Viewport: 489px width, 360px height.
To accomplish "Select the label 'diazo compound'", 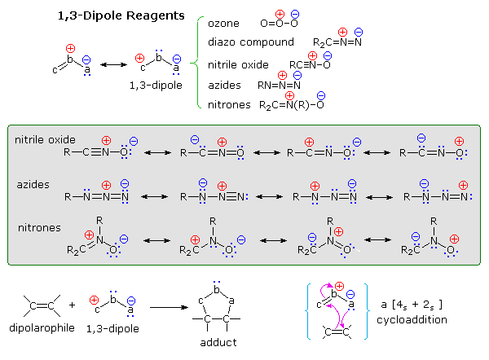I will (x=250, y=42).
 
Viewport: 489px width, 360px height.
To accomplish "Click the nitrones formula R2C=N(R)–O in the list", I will (x=293, y=104).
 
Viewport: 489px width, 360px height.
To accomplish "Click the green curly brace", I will (x=197, y=63).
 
